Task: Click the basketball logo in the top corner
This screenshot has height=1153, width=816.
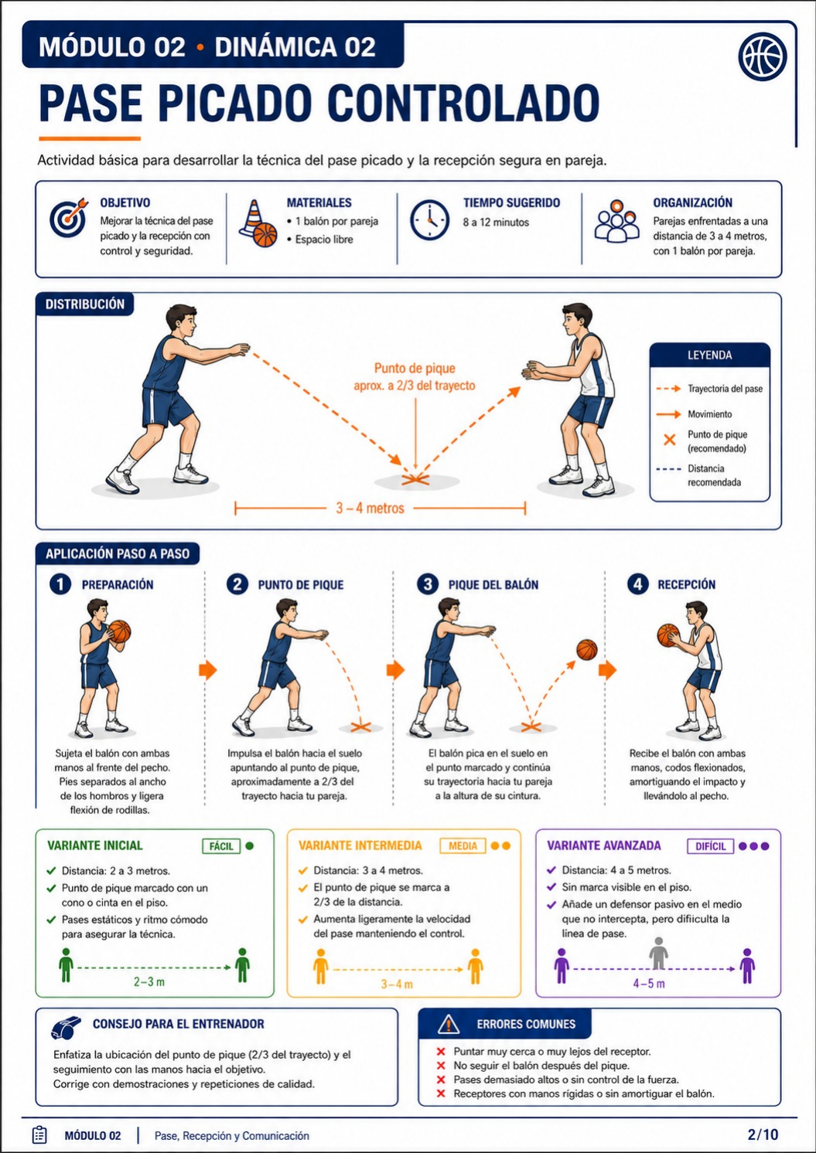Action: (762, 56)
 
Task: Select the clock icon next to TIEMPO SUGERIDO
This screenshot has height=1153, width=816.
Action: (429, 219)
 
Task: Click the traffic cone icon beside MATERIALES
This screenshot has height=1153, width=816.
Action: (258, 223)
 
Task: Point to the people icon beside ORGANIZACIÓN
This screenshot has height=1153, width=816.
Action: (616, 221)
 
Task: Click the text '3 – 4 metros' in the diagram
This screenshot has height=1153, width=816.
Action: (370, 508)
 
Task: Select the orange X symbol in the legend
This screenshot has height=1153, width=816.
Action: (669, 440)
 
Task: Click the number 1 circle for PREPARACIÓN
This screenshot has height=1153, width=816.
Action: (60, 584)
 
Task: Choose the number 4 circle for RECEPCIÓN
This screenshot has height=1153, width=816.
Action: (638, 584)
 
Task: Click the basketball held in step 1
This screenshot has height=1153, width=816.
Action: (120, 631)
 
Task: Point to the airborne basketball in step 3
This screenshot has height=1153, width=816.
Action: (587, 650)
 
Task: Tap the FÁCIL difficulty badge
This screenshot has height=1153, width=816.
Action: (221, 845)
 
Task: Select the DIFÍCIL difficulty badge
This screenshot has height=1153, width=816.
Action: (710, 845)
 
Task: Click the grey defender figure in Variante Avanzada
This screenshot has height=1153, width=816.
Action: (658, 954)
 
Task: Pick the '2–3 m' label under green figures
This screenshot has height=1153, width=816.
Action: (149, 981)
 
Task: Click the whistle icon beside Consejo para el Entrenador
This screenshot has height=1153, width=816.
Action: (67, 1027)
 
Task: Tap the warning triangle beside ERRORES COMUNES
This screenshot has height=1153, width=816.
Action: (448, 1024)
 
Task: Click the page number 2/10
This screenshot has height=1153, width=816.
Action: (763, 1134)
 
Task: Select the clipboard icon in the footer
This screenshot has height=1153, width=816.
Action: (39, 1134)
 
